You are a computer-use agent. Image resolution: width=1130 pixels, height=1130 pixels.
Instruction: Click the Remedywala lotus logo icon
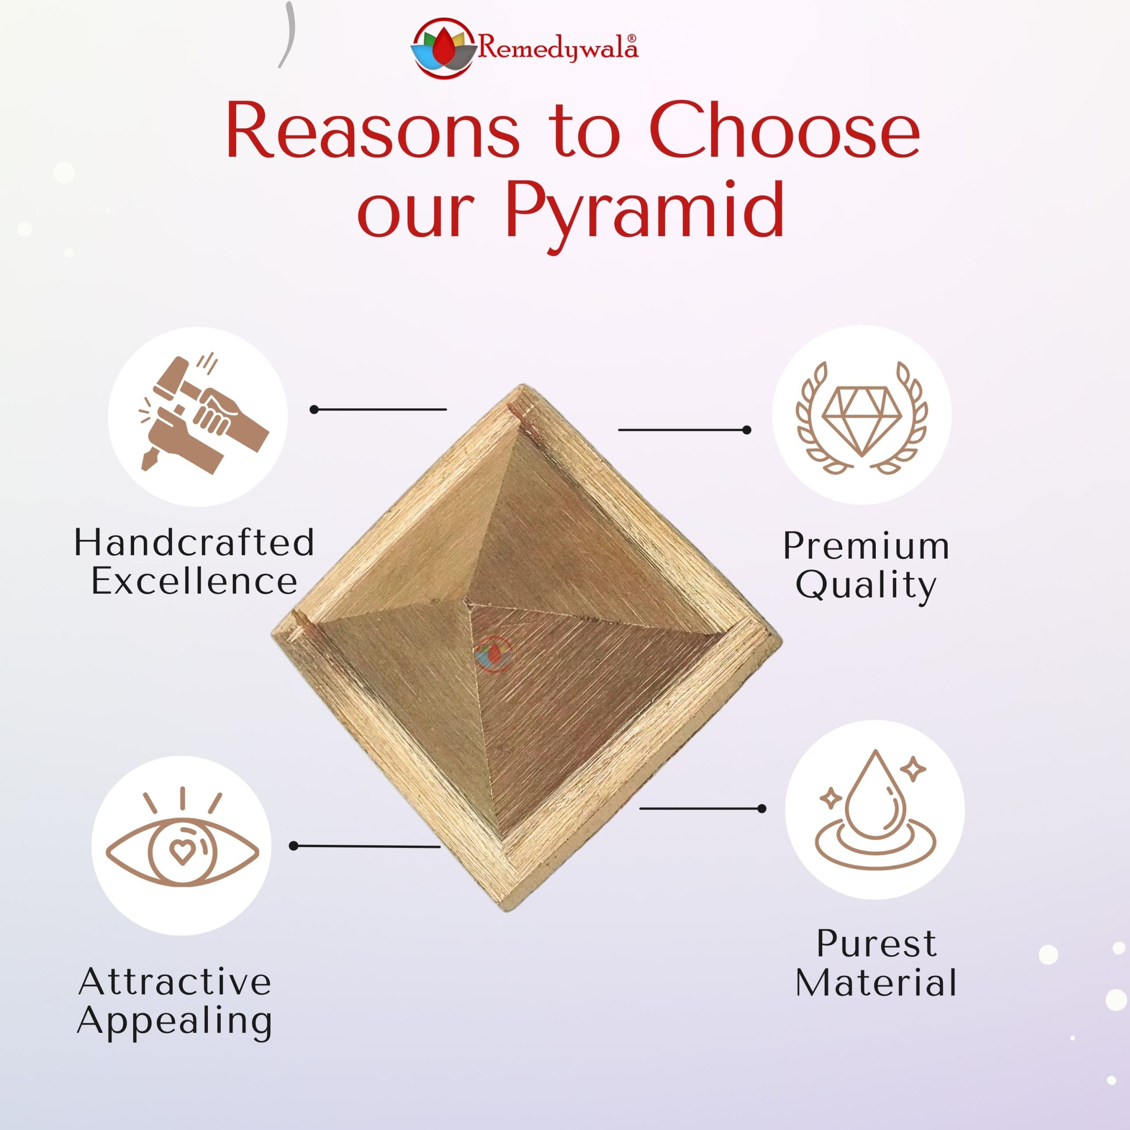pos(442,49)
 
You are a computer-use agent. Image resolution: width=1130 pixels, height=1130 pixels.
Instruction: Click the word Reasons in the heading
pos(373,131)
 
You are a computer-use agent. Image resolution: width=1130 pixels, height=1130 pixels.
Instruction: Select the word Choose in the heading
pos(784,131)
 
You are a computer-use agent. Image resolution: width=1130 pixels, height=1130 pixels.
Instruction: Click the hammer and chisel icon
pos(198,416)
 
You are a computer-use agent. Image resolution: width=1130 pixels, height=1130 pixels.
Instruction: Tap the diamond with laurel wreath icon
pos(862,416)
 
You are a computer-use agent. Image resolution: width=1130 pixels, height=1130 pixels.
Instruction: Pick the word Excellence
pos(194,581)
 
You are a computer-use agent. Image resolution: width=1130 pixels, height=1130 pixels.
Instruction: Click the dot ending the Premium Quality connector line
pos(746,430)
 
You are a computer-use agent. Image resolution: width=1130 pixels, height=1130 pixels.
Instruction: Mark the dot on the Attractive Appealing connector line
pos(294,846)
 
